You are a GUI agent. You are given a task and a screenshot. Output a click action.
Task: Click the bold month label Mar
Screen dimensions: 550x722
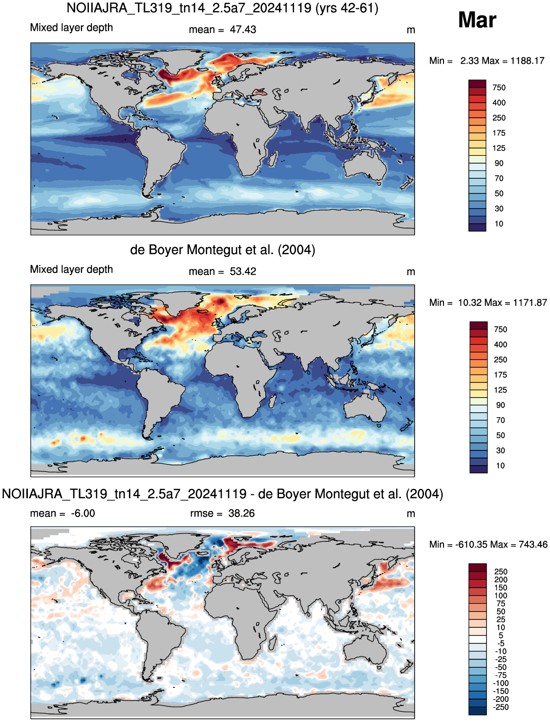(x=477, y=20)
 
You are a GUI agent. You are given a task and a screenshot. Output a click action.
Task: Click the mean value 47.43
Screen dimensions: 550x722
(x=243, y=30)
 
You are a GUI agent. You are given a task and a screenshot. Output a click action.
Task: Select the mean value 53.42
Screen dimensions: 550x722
(x=243, y=272)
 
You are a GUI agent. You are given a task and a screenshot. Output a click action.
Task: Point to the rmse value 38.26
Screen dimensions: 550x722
(x=241, y=513)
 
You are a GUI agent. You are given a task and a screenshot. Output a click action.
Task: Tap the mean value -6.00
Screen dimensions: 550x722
(x=83, y=513)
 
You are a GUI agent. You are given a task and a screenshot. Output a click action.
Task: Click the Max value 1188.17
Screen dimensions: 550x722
(x=528, y=61)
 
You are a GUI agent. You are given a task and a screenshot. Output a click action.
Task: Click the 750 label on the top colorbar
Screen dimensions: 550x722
(x=499, y=87)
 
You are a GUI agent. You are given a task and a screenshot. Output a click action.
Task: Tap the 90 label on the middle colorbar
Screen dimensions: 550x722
(x=500, y=405)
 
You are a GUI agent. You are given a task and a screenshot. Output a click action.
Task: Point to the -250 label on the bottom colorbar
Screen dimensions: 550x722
(x=501, y=707)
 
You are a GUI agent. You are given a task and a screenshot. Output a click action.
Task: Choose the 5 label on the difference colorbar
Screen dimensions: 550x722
(x=501, y=635)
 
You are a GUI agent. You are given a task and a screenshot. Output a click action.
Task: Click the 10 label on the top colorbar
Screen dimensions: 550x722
(x=499, y=224)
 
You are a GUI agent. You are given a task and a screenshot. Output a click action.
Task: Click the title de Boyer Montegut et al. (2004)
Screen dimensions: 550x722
(x=223, y=250)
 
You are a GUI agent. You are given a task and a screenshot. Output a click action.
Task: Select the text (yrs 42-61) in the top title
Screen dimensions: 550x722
(x=347, y=8)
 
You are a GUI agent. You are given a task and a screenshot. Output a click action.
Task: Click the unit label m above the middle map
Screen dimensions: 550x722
(x=411, y=272)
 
